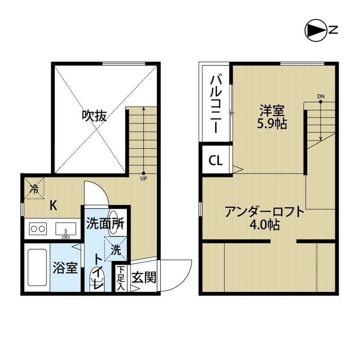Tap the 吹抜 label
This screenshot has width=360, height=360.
tap(94, 116)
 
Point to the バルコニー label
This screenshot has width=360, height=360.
tap(216, 103)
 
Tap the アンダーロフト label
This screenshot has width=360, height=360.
tap(265, 211)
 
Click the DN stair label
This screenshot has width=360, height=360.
tap(320, 96)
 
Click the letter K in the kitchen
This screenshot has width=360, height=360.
tap(53, 206)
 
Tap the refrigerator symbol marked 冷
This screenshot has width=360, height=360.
tap(35, 187)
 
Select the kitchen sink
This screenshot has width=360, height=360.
tap(66, 229)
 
